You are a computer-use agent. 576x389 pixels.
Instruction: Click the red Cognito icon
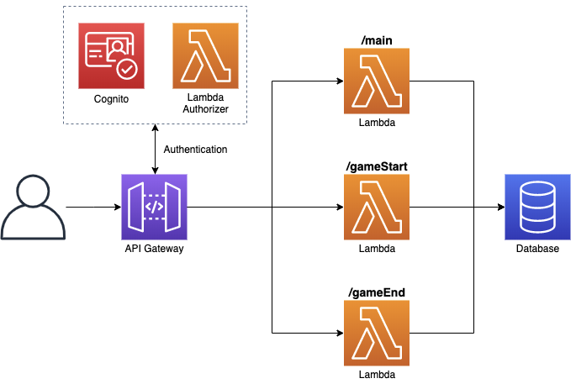click(x=111, y=55)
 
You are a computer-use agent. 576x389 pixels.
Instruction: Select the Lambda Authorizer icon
click(x=205, y=55)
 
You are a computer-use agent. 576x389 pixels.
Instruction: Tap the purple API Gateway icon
click(x=154, y=207)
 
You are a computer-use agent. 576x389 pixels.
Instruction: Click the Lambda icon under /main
click(x=377, y=81)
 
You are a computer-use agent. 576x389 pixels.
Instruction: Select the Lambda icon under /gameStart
click(x=377, y=207)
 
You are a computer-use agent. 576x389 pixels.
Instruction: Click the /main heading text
click(x=377, y=40)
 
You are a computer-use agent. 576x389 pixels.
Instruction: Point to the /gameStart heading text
click(x=377, y=166)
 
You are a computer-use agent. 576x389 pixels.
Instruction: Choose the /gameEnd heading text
click(x=377, y=292)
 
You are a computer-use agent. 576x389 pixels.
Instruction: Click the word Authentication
click(x=195, y=150)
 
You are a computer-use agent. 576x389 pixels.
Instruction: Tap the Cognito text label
click(x=111, y=100)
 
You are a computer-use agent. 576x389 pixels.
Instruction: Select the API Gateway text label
click(x=154, y=250)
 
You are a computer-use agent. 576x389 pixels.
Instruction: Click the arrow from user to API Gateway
click(x=92, y=207)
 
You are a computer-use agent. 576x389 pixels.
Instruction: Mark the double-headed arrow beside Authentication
click(x=154, y=149)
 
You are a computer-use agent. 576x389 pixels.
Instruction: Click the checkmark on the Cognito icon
click(x=126, y=70)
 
